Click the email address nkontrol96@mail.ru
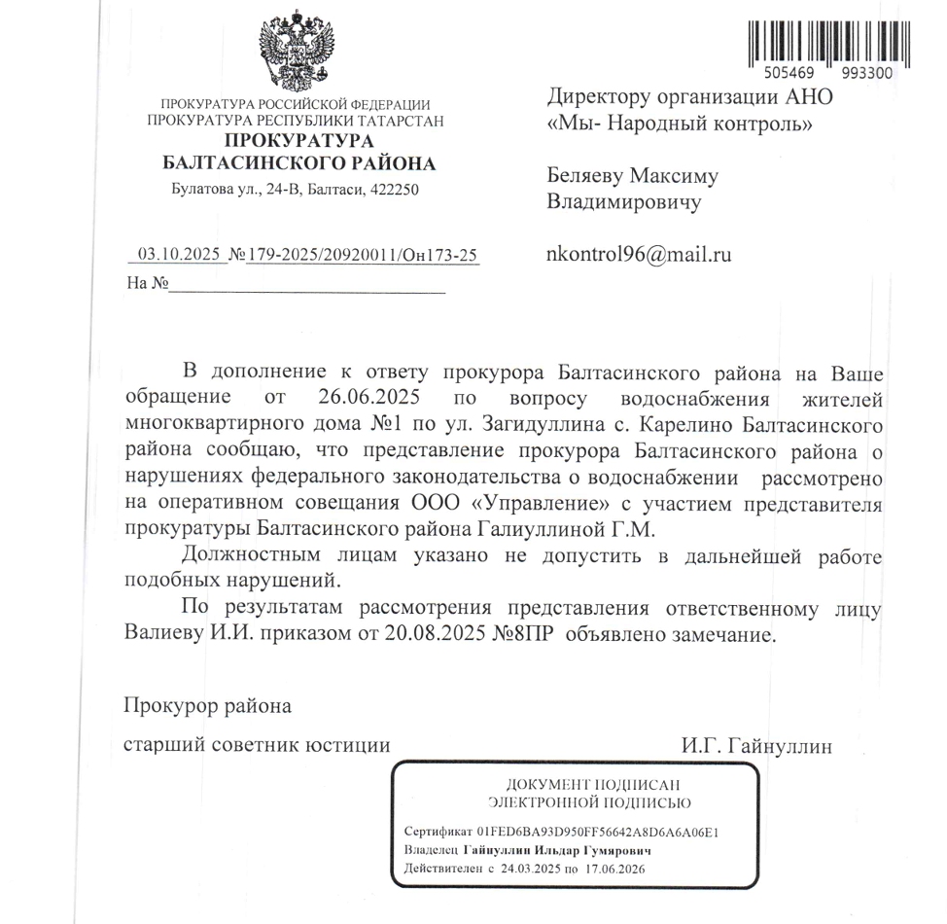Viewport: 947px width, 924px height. (x=639, y=255)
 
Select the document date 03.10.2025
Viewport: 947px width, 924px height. (x=179, y=256)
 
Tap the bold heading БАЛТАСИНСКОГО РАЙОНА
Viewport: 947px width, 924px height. (x=298, y=163)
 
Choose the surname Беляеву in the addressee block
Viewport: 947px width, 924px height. (x=583, y=177)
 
